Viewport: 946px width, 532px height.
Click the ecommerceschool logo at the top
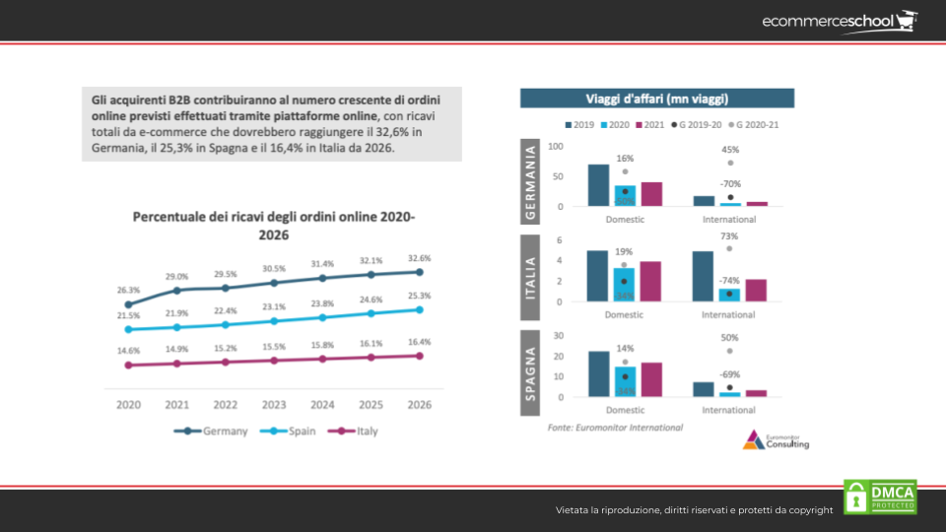(x=839, y=21)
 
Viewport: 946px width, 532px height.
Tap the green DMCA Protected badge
(x=880, y=497)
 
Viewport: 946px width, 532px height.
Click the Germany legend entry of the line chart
(x=211, y=431)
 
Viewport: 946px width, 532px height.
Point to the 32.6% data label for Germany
(x=420, y=257)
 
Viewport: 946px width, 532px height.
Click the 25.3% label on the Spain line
(x=420, y=296)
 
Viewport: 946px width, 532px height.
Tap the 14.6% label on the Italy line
(x=128, y=351)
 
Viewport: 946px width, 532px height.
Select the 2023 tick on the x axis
(x=274, y=404)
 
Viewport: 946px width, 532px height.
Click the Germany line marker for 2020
(x=128, y=304)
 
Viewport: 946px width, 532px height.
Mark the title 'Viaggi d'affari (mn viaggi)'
(x=657, y=98)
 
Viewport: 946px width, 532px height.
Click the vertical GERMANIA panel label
(x=531, y=182)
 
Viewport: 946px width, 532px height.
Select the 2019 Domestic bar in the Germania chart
(x=598, y=185)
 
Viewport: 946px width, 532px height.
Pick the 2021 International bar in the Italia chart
(x=756, y=290)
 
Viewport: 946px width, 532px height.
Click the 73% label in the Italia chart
(x=729, y=236)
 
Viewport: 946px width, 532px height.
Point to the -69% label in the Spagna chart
(x=729, y=374)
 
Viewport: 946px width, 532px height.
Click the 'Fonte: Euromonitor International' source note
(x=615, y=428)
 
